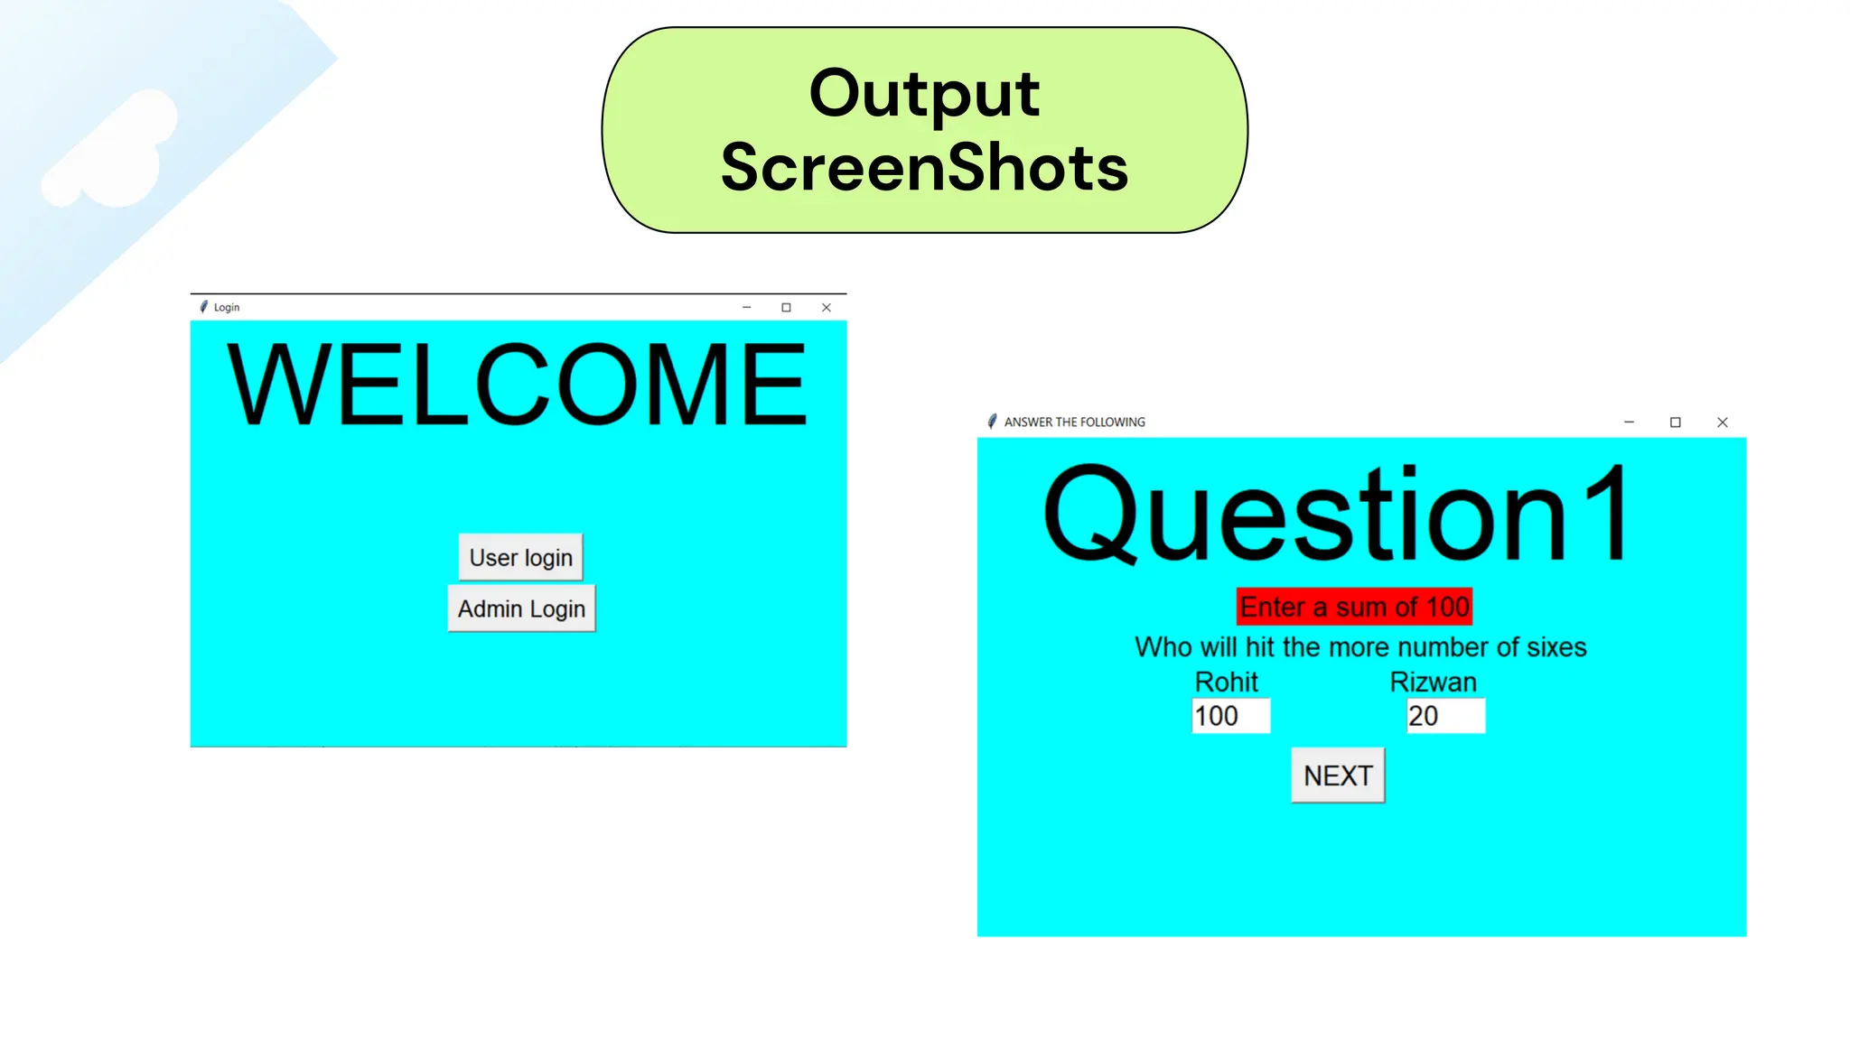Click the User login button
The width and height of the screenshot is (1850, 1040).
(520, 558)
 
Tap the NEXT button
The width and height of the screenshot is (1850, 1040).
(1337, 775)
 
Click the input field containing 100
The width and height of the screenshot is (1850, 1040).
(1230, 716)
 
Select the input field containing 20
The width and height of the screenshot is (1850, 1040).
(1445, 716)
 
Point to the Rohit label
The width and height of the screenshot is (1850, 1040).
(1226, 682)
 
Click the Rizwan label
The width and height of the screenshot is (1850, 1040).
(1433, 682)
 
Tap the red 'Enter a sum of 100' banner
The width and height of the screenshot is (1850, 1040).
(1354, 607)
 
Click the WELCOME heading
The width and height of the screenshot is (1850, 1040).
(517, 385)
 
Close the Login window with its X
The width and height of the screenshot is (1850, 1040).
(826, 308)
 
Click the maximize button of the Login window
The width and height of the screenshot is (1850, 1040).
(786, 308)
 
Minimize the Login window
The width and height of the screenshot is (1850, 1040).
(746, 308)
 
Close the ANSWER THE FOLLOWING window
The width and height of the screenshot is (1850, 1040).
(1722, 422)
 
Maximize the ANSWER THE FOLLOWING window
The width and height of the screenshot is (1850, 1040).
(1675, 422)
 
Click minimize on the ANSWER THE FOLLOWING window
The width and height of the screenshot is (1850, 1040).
(1629, 422)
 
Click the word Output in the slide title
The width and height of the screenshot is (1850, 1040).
(924, 93)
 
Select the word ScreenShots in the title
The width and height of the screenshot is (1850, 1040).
(924, 168)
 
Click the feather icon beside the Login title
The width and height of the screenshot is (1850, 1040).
(204, 307)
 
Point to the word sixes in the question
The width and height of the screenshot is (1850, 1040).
(1556, 647)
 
